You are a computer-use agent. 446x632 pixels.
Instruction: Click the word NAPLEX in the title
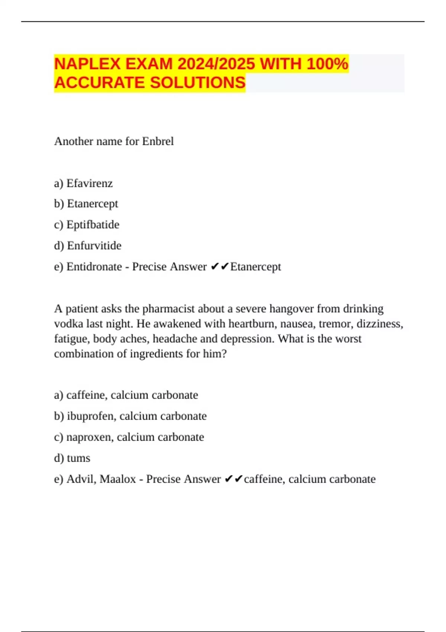[x=87, y=64]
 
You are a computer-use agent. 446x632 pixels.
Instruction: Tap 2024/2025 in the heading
[x=216, y=64]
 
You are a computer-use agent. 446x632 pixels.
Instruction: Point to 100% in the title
[x=327, y=64]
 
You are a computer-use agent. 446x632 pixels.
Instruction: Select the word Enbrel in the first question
[x=158, y=141]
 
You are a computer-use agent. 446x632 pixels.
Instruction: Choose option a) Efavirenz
[x=83, y=183]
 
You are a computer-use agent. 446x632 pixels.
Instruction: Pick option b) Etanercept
[x=86, y=204]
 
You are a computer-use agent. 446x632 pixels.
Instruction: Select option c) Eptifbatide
[x=87, y=225]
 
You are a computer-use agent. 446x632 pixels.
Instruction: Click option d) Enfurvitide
[x=88, y=246]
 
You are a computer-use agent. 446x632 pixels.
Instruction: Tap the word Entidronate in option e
[x=94, y=267]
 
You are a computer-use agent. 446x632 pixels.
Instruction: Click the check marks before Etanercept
[x=219, y=267]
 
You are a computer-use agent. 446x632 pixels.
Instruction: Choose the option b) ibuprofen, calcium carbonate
[x=130, y=416]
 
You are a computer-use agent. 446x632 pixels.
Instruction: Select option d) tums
[x=72, y=458]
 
